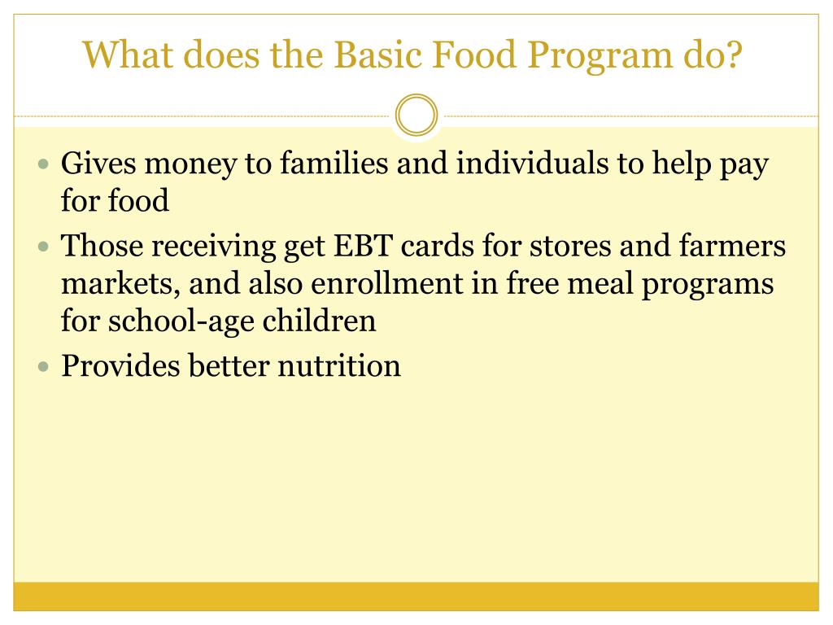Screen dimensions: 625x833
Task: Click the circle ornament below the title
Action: [x=416, y=116]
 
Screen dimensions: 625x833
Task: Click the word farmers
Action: [x=735, y=246]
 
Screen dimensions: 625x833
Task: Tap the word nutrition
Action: [x=339, y=365]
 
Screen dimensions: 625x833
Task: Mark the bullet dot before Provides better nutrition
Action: [x=45, y=366]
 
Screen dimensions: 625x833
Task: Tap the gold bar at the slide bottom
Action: [x=416, y=596]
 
